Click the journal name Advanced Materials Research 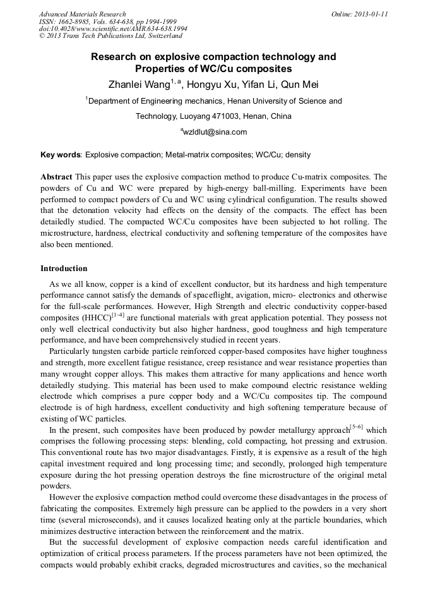[82, 14]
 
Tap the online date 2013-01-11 [371, 14]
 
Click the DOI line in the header [113, 29]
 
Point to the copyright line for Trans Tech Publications [110, 37]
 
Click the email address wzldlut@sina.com [214, 132]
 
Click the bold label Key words [61, 154]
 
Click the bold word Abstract [56, 177]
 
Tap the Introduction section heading [64, 269]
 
